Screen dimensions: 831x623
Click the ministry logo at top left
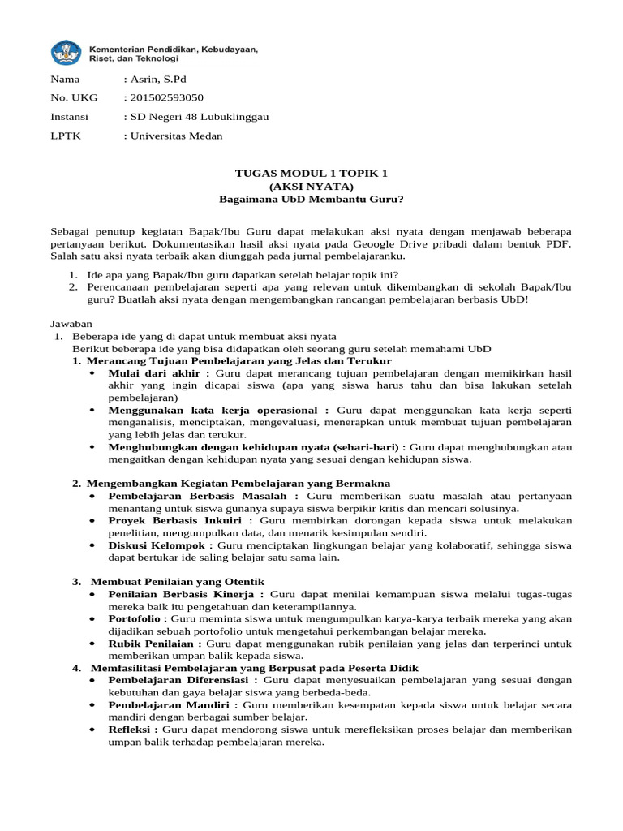67,54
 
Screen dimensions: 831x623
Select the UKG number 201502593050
163,97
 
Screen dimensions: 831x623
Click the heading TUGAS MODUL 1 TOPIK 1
311,174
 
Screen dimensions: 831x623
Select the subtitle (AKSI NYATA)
311,186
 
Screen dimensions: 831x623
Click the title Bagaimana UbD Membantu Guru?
311,199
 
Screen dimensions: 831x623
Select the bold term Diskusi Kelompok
159,545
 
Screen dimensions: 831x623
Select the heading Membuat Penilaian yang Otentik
177,582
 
